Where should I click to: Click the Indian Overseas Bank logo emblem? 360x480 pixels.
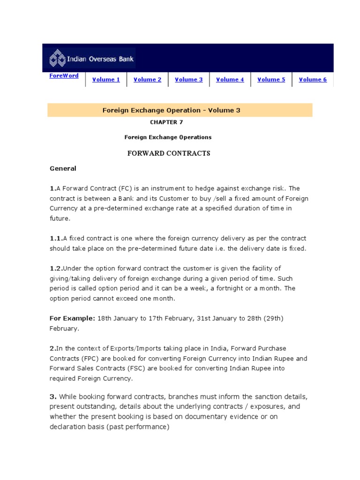click(x=58, y=60)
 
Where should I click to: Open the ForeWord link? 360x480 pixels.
click(x=64, y=75)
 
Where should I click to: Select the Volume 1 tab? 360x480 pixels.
click(x=106, y=80)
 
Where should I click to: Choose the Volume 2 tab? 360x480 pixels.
click(x=147, y=80)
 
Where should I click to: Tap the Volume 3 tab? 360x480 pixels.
click(x=188, y=80)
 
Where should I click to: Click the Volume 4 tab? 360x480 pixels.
click(x=230, y=80)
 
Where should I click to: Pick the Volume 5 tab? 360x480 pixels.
click(x=271, y=80)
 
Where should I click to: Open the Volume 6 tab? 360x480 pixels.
click(x=313, y=80)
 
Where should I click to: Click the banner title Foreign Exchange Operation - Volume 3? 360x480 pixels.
click(x=171, y=110)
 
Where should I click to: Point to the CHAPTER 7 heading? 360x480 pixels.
click(x=166, y=122)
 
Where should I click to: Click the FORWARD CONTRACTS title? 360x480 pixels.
click(x=169, y=153)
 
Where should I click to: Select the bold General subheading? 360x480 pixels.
click(x=63, y=168)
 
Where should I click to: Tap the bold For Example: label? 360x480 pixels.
click(x=72, y=318)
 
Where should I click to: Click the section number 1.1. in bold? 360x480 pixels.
click(x=56, y=239)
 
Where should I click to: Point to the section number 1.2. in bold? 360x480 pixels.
click(x=56, y=269)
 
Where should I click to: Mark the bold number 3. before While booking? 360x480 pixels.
click(x=53, y=397)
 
